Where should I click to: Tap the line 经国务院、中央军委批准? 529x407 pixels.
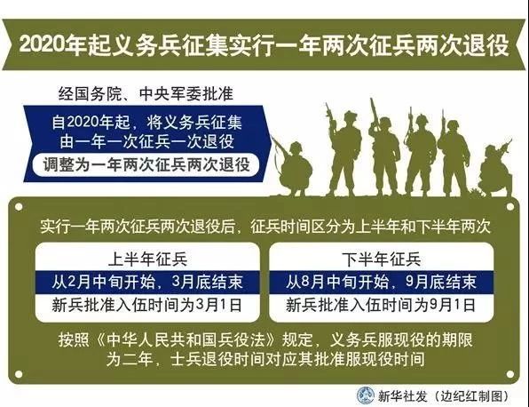coord(146,93)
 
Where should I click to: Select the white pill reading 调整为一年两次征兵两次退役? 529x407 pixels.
coord(146,165)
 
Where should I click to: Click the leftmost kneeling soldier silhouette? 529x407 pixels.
coord(294,168)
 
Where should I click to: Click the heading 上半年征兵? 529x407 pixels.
coord(147,259)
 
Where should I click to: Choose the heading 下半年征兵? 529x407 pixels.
coord(382,259)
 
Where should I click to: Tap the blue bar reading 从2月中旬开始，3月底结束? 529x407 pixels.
coord(147,282)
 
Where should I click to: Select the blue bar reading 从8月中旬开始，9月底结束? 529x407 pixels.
coord(382,282)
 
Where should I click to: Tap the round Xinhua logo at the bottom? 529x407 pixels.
coord(366,395)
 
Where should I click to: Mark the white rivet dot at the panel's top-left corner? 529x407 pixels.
coord(19,206)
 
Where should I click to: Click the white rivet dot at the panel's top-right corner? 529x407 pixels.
coord(510,206)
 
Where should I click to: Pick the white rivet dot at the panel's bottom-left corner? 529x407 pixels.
coord(19,374)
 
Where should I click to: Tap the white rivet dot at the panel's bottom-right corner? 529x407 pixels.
coord(510,374)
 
